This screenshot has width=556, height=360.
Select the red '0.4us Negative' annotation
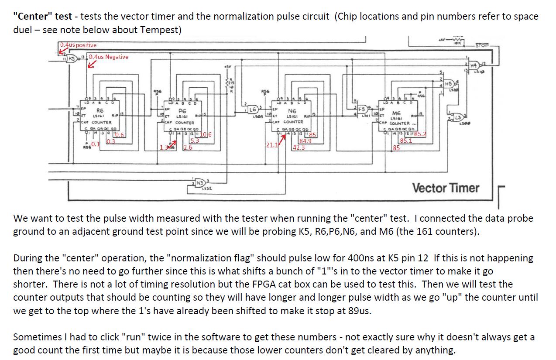pyautogui.click(x=109, y=57)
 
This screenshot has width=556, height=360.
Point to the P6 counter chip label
pyautogui.click(x=182, y=112)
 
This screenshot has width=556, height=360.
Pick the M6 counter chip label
pyautogui.click(x=396, y=113)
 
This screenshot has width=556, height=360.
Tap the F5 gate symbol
pyautogui.click(x=362, y=109)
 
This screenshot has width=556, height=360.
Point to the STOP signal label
pyautogui.click(x=482, y=45)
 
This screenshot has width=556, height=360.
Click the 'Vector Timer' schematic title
pyautogui.click(x=446, y=188)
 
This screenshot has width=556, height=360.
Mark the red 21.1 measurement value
pyautogui.click(x=272, y=145)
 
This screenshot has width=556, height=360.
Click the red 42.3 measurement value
pyautogui.click(x=299, y=147)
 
